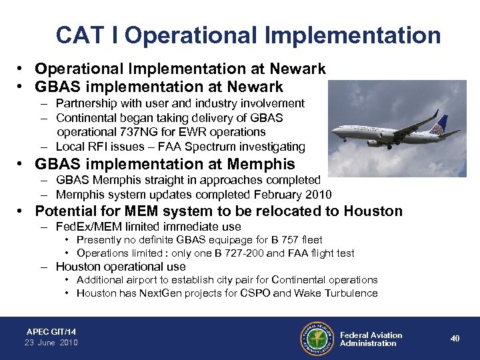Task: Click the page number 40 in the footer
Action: pyautogui.click(x=455, y=339)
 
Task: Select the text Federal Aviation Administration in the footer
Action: pyautogui.click(x=371, y=339)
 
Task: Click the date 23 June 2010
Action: pyautogui.click(x=51, y=343)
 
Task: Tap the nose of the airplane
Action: pyautogui.click(x=367, y=142)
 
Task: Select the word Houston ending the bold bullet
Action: pyautogui.click(x=373, y=211)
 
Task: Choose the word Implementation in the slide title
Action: pyautogui.click(x=347, y=35)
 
